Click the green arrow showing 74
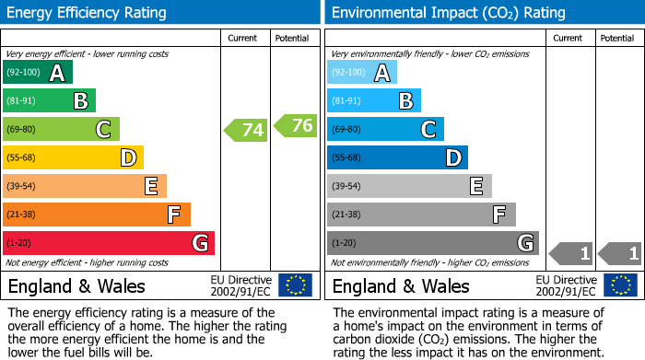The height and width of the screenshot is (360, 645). point(246,130)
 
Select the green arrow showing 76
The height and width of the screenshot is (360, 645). point(295,125)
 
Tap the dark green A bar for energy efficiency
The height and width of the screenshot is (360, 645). point(38,73)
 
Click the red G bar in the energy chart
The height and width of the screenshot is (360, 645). point(109,243)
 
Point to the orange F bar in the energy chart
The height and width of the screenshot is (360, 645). point(97,215)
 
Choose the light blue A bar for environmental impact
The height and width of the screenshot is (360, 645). point(362,73)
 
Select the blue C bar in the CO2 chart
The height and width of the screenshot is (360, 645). point(385,129)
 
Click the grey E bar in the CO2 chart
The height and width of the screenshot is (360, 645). point(409,186)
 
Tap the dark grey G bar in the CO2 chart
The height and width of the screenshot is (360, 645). point(433,243)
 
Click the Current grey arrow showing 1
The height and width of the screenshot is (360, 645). point(570,252)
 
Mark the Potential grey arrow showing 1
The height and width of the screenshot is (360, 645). point(620,252)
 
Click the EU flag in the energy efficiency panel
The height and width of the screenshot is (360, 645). point(295,285)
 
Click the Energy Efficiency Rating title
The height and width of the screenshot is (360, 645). point(87,13)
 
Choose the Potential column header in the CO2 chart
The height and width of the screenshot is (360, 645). point(616,38)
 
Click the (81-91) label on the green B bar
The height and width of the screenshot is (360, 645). point(21,101)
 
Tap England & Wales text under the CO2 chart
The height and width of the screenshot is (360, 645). point(400,285)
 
